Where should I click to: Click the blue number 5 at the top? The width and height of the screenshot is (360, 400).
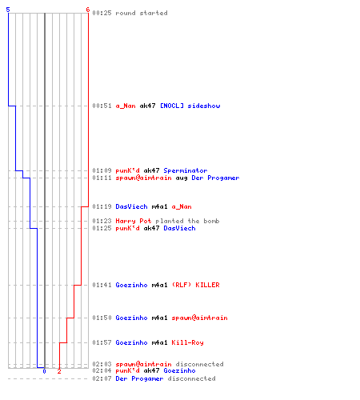pyautogui.click(x=8, y=10)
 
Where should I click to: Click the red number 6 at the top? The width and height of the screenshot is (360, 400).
pyautogui.click(x=88, y=10)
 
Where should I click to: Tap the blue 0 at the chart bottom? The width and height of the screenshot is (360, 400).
pyautogui.click(x=44, y=371)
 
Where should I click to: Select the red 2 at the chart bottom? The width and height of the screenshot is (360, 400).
pyautogui.click(x=59, y=371)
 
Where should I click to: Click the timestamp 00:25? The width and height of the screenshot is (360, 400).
pyautogui.click(x=102, y=13)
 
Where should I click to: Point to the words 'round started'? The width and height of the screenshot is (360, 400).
pyautogui.click(x=142, y=13)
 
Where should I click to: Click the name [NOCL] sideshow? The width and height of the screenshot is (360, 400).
pyautogui.click(x=190, y=106)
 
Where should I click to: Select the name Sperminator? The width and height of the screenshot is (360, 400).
pyautogui.click(x=186, y=170)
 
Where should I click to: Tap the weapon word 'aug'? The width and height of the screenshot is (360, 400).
pyautogui.click(x=182, y=178)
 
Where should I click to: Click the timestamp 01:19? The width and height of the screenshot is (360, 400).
pyautogui.click(x=102, y=206)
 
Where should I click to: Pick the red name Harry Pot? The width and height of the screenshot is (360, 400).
pyautogui.click(x=134, y=221)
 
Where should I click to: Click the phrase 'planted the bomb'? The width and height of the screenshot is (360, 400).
pyautogui.click(x=187, y=221)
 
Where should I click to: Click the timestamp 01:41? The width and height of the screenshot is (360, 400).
pyautogui.click(x=102, y=285)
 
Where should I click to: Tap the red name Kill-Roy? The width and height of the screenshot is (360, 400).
pyautogui.click(x=187, y=342)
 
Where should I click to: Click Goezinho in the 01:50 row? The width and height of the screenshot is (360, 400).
pyautogui.click(x=131, y=318)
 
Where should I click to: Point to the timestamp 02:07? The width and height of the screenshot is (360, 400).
pyautogui.click(x=102, y=378)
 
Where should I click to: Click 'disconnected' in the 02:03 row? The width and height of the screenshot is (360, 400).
pyautogui.click(x=199, y=364)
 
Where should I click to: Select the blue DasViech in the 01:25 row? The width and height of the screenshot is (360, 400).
pyautogui.click(x=179, y=228)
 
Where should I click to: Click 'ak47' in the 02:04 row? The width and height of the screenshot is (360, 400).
pyautogui.click(x=151, y=370)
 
